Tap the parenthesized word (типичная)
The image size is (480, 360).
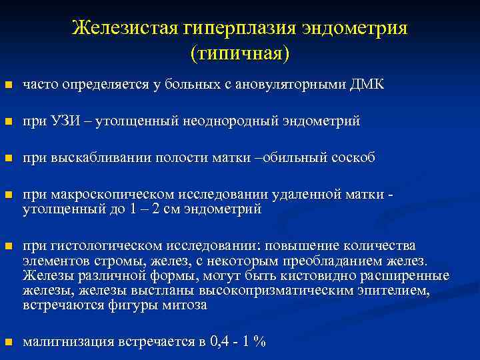coord(240,53)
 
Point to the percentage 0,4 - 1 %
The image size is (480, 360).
coord(238,342)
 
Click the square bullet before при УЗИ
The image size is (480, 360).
coord(8,122)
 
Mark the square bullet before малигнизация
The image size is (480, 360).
coord(8,343)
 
